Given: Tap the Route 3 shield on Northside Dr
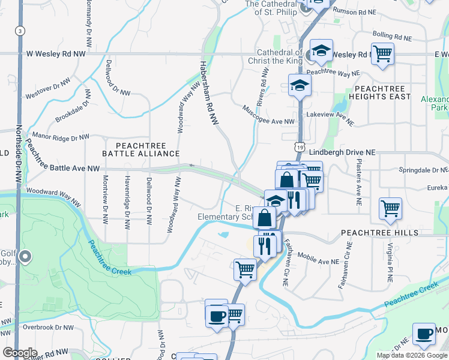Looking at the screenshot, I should click(x=20, y=31).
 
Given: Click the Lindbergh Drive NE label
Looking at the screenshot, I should click(x=342, y=153).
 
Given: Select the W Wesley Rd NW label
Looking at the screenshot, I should click(x=56, y=54).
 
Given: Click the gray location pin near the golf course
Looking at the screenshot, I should click(x=25, y=257).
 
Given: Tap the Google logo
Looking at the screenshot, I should click(x=20, y=353).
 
